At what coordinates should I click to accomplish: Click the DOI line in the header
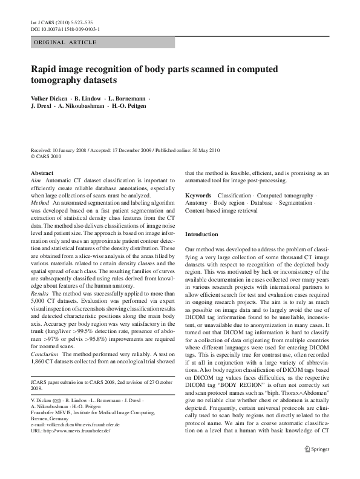(x=65, y=28)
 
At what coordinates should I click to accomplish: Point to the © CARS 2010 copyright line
(x=46, y=156)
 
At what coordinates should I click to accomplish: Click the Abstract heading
(x=42, y=173)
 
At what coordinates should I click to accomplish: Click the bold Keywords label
(x=198, y=196)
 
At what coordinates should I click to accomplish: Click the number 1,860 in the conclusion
(x=38, y=345)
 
